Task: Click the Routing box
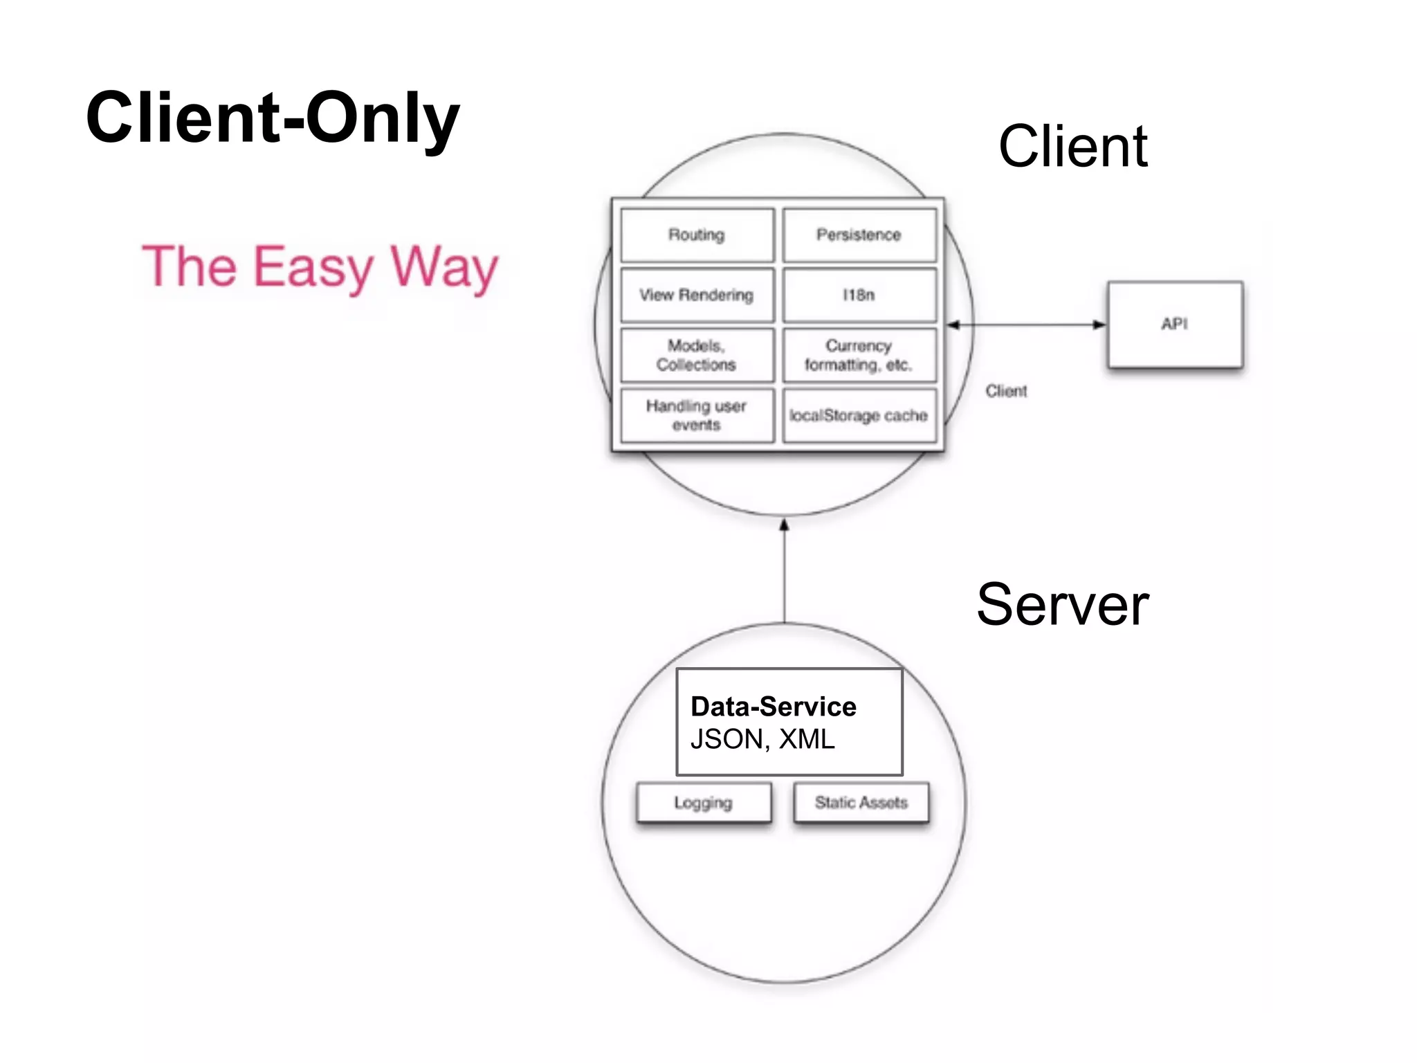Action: click(697, 235)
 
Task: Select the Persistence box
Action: click(859, 235)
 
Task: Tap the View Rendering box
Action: click(697, 296)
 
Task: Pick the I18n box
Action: click(859, 296)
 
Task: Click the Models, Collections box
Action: click(697, 355)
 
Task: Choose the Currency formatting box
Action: click(859, 355)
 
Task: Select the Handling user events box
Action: click(697, 415)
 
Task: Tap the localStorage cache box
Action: click(859, 415)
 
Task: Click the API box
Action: click(1174, 324)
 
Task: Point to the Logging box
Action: click(704, 803)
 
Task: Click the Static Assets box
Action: click(861, 803)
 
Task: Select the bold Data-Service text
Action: click(774, 707)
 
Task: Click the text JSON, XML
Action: click(762, 739)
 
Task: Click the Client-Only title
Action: click(273, 118)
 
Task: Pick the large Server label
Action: click(1062, 605)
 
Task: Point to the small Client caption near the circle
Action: click(1006, 391)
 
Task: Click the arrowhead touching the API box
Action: click(1099, 325)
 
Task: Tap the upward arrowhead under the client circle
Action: click(784, 525)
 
